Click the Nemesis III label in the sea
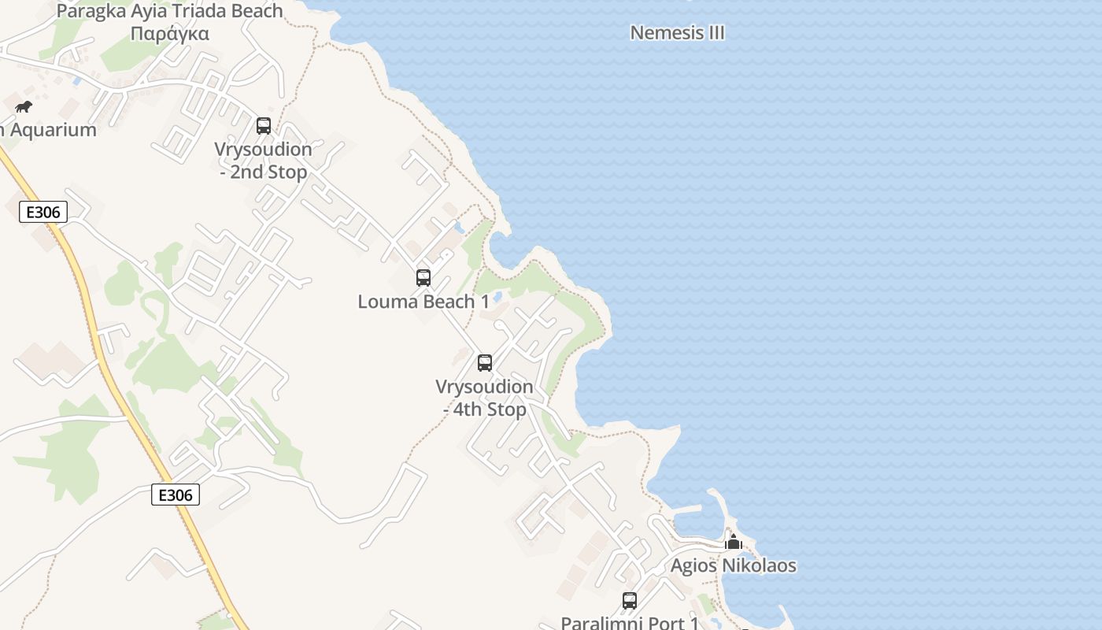[x=677, y=33]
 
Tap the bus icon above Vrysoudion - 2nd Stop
[x=264, y=125]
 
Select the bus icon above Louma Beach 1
[x=423, y=277]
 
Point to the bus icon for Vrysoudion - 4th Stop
[x=485, y=362]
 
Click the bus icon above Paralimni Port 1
[x=630, y=600]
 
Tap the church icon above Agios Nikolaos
[x=734, y=542]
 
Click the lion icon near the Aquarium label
[x=24, y=106]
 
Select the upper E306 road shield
[x=43, y=212]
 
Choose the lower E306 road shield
[x=175, y=495]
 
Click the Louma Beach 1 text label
[x=423, y=302]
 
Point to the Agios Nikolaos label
[x=733, y=565]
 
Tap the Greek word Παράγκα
[x=169, y=33]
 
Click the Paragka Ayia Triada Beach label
[x=169, y=11]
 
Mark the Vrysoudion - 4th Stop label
[x=484, y=398]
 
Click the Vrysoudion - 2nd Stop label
[x=263, y=160]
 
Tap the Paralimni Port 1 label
[x=630, y=622]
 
